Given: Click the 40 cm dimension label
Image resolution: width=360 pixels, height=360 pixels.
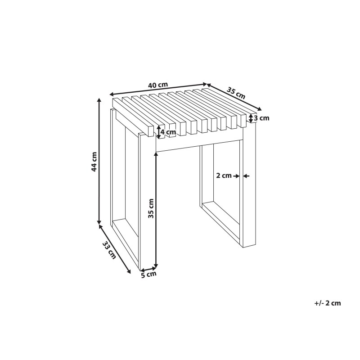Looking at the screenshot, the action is point(158,85).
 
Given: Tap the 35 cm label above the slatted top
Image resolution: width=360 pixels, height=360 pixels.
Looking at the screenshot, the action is point(236,93).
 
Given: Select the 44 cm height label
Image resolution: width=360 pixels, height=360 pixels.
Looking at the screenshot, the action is point(94,162).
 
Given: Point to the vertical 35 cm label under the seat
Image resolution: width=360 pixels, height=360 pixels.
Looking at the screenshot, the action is point(151,208).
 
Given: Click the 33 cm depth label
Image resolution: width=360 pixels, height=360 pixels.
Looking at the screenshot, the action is point(109,250).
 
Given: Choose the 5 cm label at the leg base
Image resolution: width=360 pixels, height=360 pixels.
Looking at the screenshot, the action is point(149,274).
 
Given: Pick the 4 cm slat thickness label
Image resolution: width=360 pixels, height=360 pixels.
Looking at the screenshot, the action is point(168,132).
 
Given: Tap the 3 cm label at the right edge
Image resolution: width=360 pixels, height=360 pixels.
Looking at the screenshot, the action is point(261,118).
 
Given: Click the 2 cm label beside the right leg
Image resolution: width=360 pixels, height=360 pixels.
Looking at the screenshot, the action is point(224,175).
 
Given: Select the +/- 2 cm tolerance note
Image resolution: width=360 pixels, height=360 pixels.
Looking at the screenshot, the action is point(328,303).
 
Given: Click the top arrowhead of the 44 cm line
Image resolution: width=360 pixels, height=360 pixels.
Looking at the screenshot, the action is point(99,100).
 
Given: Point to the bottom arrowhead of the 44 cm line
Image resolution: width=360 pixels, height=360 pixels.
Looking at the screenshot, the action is point(99,222).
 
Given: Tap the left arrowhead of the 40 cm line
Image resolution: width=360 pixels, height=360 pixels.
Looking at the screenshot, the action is point(112,94).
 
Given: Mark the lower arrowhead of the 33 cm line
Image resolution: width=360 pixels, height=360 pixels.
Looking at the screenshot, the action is point(129,271).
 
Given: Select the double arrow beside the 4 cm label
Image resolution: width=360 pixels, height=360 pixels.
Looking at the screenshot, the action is point(158,132).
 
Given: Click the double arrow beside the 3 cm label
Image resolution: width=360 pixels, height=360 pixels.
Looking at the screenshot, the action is point(251,118).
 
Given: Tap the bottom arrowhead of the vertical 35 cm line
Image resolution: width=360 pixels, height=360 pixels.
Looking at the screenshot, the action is point(156,265).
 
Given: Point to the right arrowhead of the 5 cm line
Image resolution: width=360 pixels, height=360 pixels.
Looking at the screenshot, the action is point(155,267).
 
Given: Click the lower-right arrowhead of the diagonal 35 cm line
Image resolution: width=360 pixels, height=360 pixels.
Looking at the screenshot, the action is point(260,109).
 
